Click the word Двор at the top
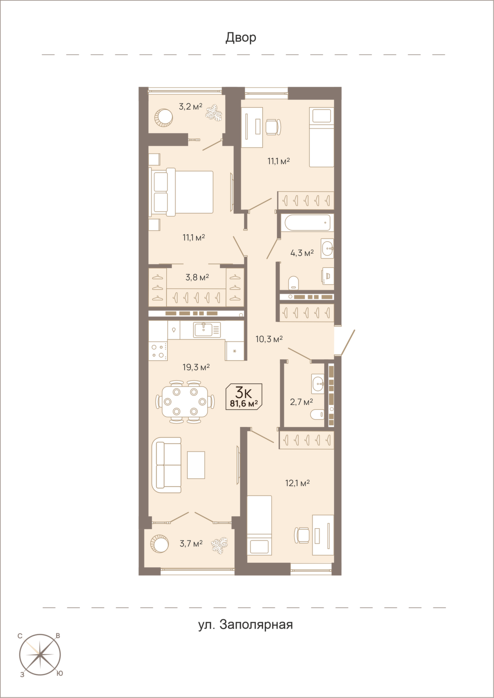[x=241, y=38]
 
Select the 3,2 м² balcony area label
[x=190, y=106]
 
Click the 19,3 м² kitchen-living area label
[x=196, y=367]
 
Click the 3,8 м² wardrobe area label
[x=197, y=277]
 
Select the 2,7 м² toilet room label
[x=302, y=402]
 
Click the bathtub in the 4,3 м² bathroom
[x=307, y=222]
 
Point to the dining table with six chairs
[x=185, y=401]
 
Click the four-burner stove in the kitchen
[x=158, y=350]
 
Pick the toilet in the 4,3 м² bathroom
[x=294, y=282]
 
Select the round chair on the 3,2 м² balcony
[x=164, y=117]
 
